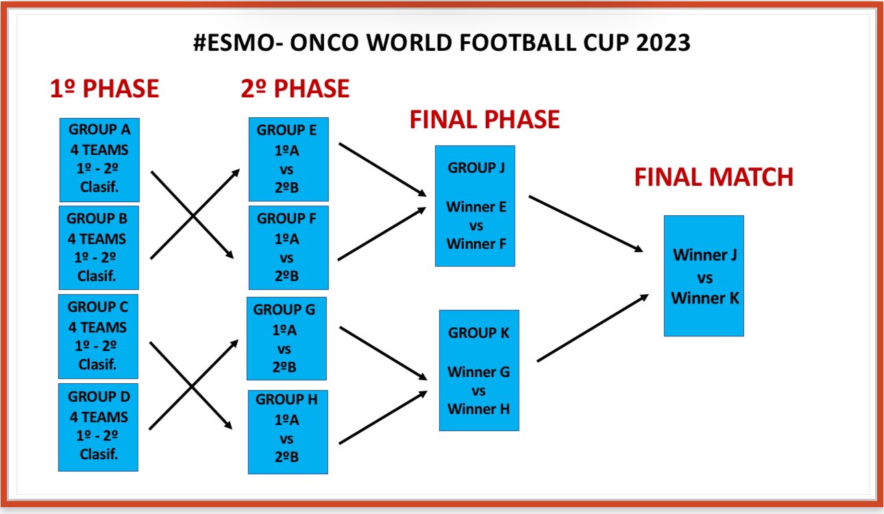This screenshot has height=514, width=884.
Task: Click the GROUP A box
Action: click(99, 160)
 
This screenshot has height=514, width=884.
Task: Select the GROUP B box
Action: click(99, 248)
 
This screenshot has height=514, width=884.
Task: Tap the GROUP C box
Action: click(98, 336)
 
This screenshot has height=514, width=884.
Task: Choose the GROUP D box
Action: click(98, 427)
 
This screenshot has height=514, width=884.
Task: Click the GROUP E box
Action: click(288, 159)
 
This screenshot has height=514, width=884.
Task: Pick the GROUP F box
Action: click(288, 248)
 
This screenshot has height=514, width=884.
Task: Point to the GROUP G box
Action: click(286, 339)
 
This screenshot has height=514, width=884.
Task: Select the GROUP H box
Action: click(288, 432)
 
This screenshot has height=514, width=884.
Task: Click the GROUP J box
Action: click(475, 206)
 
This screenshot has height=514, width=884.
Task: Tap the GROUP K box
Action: click(479, 370)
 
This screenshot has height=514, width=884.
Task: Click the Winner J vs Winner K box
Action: click(704, 276)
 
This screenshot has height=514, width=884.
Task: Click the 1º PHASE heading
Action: click(105, 88)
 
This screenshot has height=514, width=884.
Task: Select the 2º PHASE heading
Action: click(295, 88)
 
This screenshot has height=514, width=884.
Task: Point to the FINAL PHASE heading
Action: click(485, 119)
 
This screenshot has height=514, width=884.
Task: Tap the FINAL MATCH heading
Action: click(714, 177)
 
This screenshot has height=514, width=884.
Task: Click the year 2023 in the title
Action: click(663, 42)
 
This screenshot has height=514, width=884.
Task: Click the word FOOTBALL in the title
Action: click(515, 42)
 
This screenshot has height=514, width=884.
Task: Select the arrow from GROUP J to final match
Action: click(586, 224)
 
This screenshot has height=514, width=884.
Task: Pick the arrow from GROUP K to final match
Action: click(593, 328)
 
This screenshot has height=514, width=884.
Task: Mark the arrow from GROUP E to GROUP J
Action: click(383, 170)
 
